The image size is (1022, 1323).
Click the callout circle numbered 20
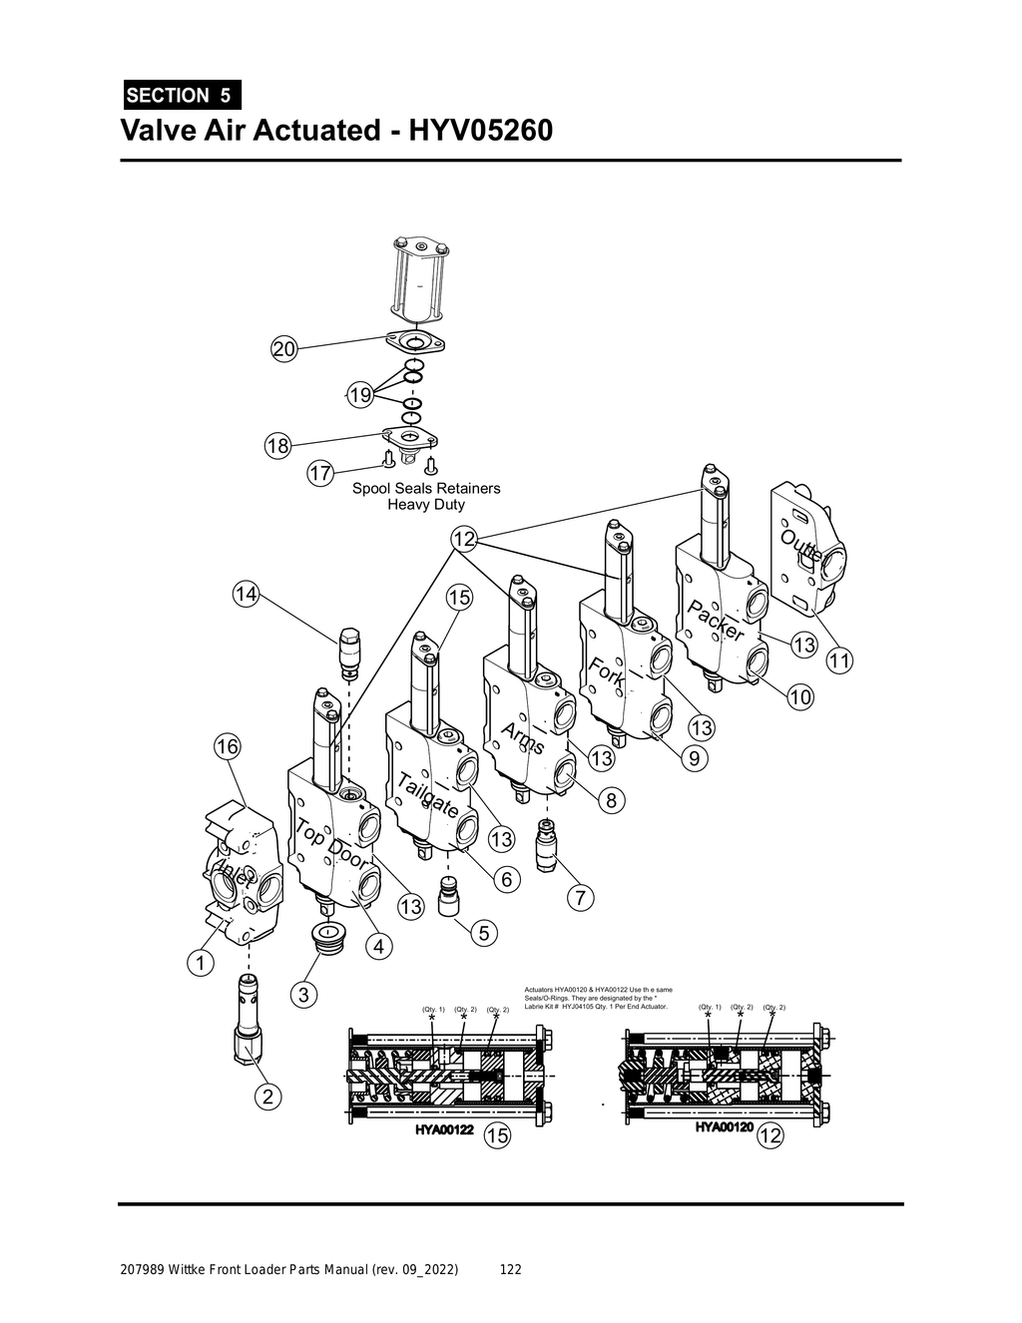[284, 349]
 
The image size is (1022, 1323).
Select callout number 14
[246, 595]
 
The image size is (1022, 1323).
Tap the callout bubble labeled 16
[228, 745]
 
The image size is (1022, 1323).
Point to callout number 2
[267, 1097]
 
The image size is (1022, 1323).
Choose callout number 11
[840, 661]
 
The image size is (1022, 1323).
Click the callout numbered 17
[319, 474]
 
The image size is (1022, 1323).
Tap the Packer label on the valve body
[716, 621]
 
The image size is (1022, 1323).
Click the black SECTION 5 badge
[181, 96]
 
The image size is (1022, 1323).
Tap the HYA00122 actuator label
[444, 1130]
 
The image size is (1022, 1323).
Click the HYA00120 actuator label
[724, 1127]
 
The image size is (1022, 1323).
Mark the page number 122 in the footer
[510, 1270]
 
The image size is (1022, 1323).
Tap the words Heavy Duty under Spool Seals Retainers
[425, 505]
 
